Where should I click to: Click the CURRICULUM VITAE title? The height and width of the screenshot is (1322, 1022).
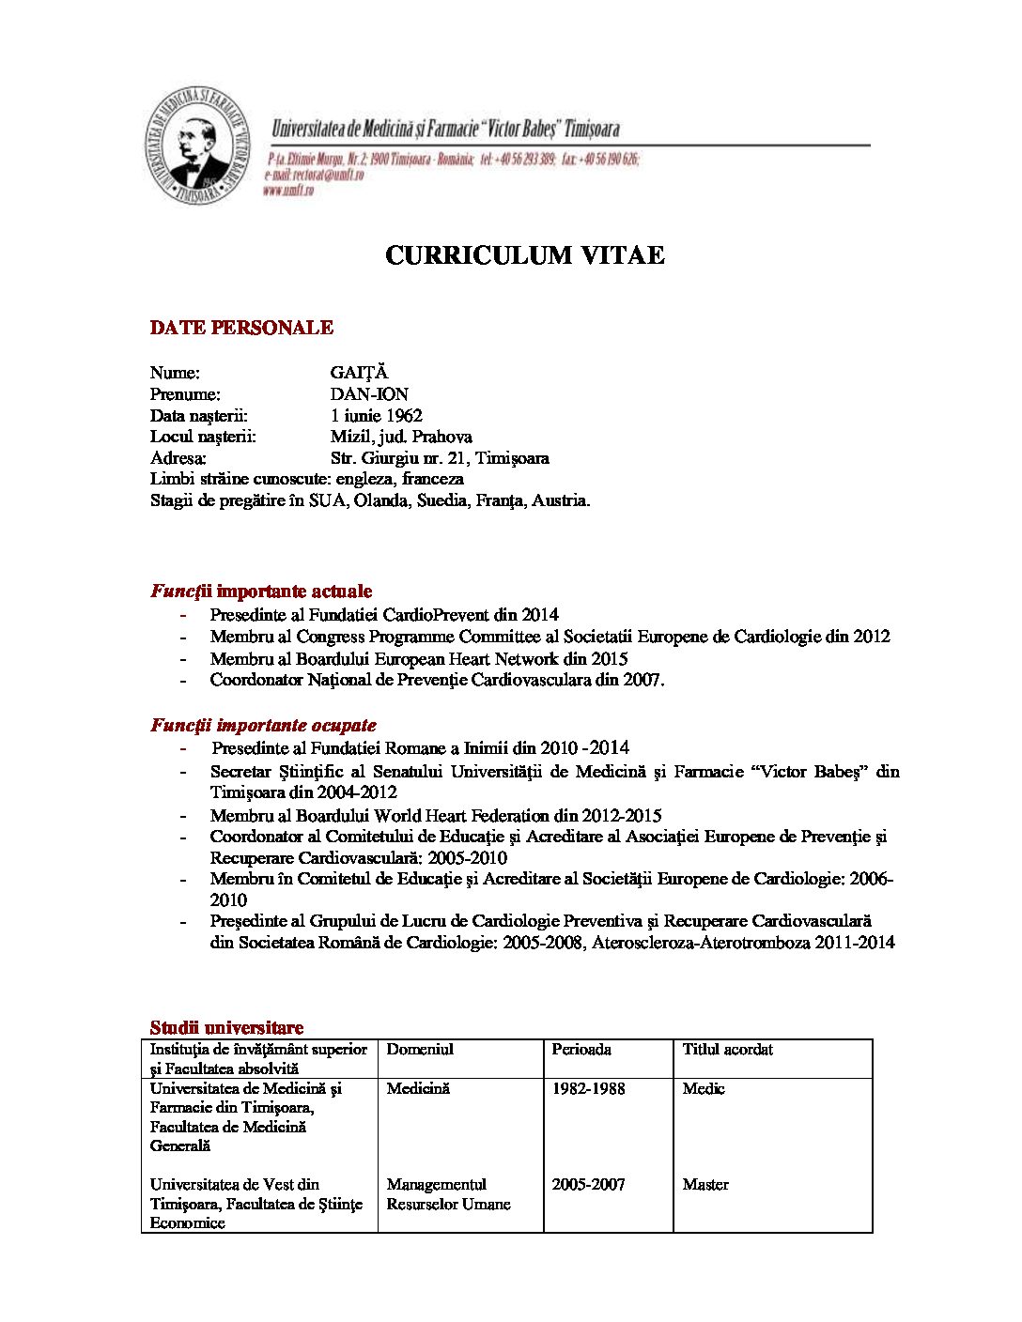[x=525, y=255]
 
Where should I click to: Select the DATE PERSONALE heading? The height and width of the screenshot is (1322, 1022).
[x=241, y=328]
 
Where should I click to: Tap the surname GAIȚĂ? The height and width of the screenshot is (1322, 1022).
[x=359, y=373]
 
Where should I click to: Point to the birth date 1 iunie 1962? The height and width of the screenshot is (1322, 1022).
[x=376, y=415]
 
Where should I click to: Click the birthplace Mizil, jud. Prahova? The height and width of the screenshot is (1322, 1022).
[x=401, y=437]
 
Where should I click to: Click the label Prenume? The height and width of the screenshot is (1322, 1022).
[x=185, y=394]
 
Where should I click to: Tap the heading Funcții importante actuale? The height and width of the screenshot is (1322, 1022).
[x=261, y=592]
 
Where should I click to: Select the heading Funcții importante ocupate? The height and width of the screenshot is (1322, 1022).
[x=263, y=725]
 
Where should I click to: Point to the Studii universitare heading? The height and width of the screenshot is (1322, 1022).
[x=226, y=1027]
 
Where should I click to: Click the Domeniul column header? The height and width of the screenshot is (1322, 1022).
[x=420, y=1049]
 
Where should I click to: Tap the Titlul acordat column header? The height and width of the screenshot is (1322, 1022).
[x=727, y=1049]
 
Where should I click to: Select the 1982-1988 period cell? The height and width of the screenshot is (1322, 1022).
[x=588, y=1088]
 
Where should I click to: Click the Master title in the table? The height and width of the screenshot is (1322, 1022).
[x=705, y=1184]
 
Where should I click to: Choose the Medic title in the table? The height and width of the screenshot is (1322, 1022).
[x=704, y=1088]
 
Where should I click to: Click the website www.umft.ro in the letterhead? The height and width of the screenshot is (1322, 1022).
[x=287, y=190]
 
